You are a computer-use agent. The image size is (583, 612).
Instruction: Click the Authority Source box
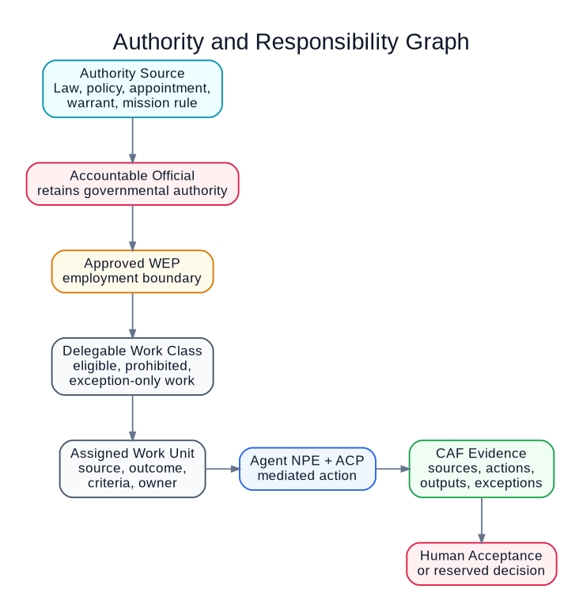click(x=133, y=89)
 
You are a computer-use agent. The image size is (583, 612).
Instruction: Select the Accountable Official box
click(x=133, y=184)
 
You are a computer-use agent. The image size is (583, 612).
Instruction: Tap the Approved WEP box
click(x=133, y=272)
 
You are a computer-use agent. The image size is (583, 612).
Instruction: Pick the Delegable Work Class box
click(x=133, y=366)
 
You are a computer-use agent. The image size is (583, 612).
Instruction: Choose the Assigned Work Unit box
click(x=133, y=469)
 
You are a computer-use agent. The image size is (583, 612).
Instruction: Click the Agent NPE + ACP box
click(x=307, y=469)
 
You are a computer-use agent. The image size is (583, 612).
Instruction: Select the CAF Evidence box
click(x=482, y=469)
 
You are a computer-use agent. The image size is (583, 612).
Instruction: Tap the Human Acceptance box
click(x=482, y=564)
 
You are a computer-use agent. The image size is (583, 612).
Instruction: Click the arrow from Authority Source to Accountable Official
click(x=133, y=140)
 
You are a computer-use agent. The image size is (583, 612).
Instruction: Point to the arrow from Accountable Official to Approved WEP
click(x=133, y=228)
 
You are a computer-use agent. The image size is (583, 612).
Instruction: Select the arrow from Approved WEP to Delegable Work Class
click(x=133, y=315)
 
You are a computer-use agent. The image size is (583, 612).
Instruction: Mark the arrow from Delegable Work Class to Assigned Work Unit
click(x=133, y=417)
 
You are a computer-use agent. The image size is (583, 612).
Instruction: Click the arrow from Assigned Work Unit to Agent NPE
click(x=222, y=469)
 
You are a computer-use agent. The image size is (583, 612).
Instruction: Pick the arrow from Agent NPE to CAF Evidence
click(x=392, y=469)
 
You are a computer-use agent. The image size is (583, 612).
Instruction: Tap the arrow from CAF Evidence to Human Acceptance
click(x=482, y=520)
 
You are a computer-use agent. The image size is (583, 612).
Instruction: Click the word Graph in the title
click(x=437, y=42)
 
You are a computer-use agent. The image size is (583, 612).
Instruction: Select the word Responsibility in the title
click(x=327, y=42)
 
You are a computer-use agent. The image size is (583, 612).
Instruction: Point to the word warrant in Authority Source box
click(x=93, y=103)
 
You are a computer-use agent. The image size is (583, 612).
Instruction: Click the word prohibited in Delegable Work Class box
click(x=158, y=366)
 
